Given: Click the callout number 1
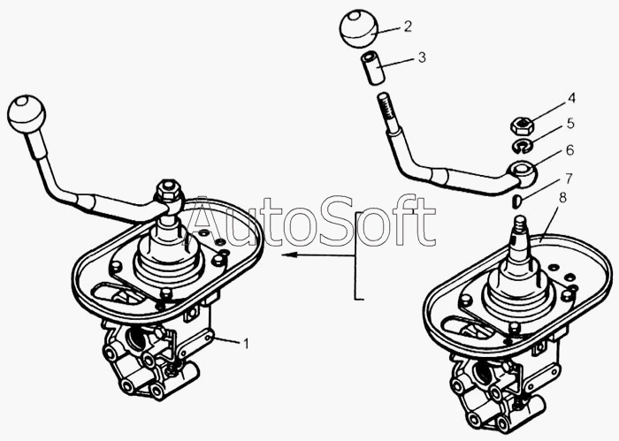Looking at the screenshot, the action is pos(246,344).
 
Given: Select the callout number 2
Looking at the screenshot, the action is pos(408,27).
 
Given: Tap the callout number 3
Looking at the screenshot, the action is pos(422,57).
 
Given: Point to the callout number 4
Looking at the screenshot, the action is pos(571,98).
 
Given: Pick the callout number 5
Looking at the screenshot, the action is pos(570,123).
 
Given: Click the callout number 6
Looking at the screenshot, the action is pos(569,150).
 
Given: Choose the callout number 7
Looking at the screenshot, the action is pos(568,179).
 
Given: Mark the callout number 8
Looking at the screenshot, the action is pos(562,198).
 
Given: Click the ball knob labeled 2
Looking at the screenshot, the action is pos(359,29).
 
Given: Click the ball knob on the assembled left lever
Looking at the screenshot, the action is pos(27,114).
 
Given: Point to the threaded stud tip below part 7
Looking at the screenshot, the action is pos(521,225).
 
